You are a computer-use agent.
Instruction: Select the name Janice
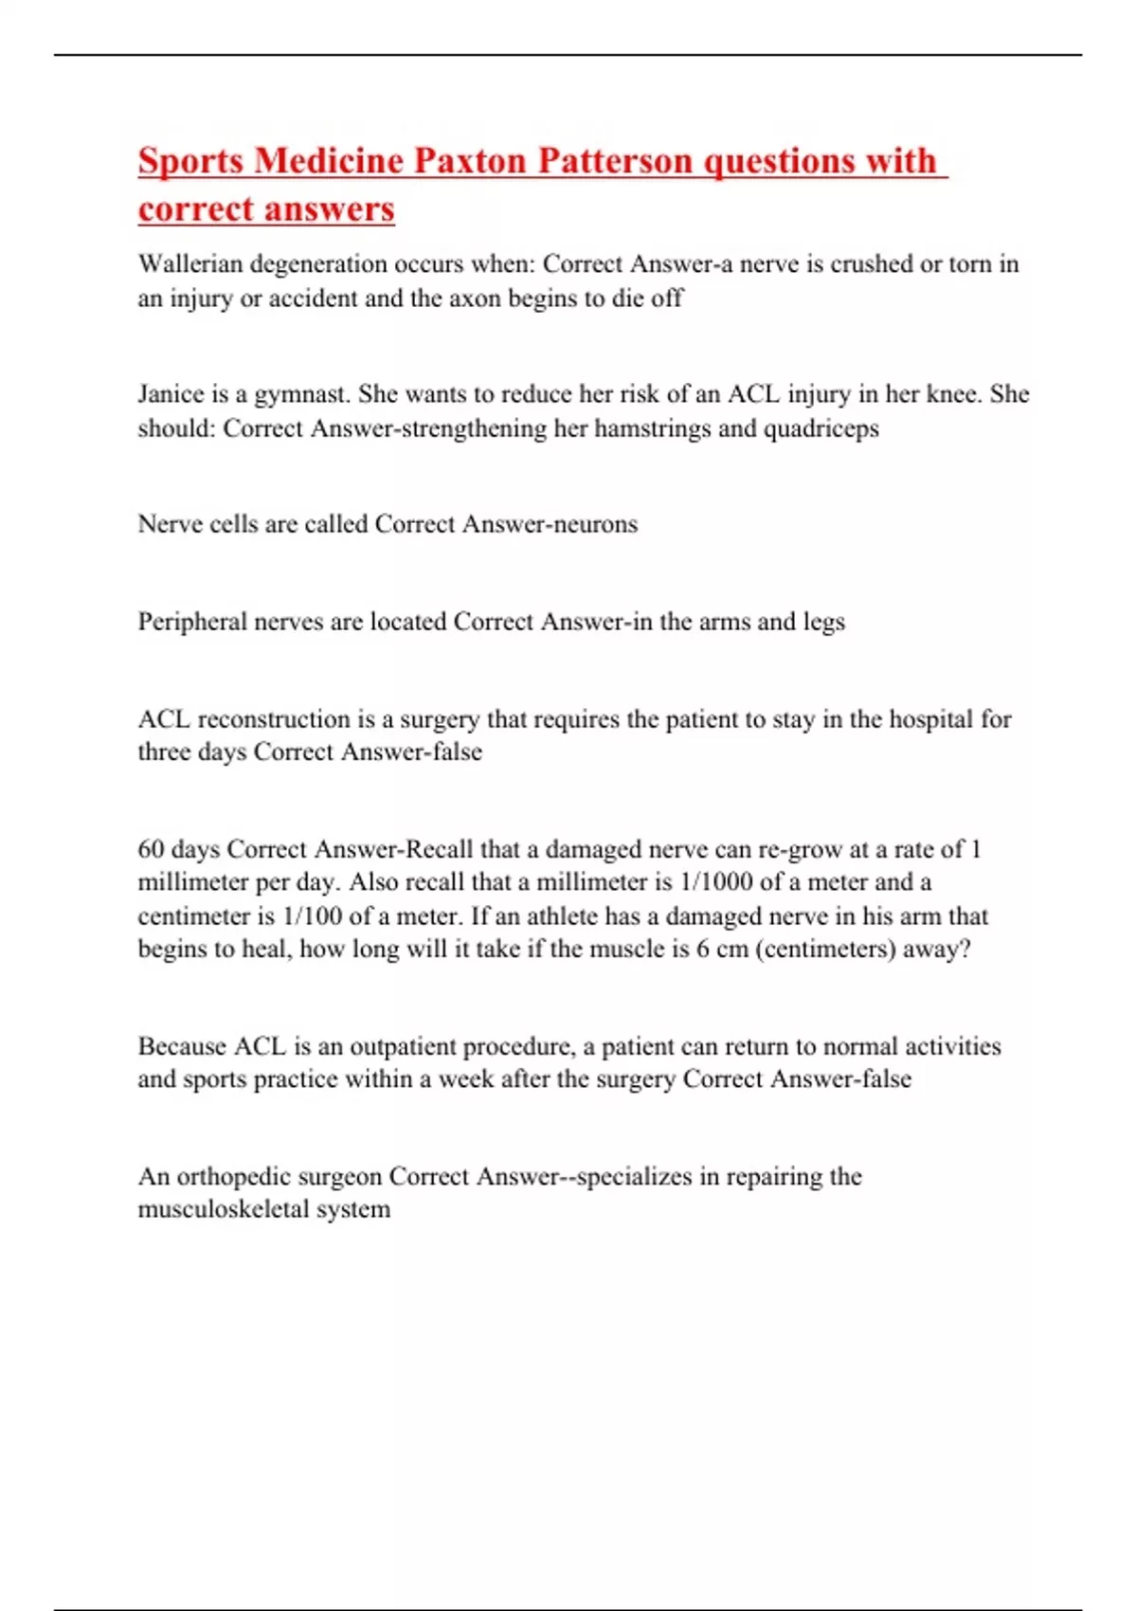point(170,394)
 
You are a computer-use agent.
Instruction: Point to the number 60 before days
point(152,849)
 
